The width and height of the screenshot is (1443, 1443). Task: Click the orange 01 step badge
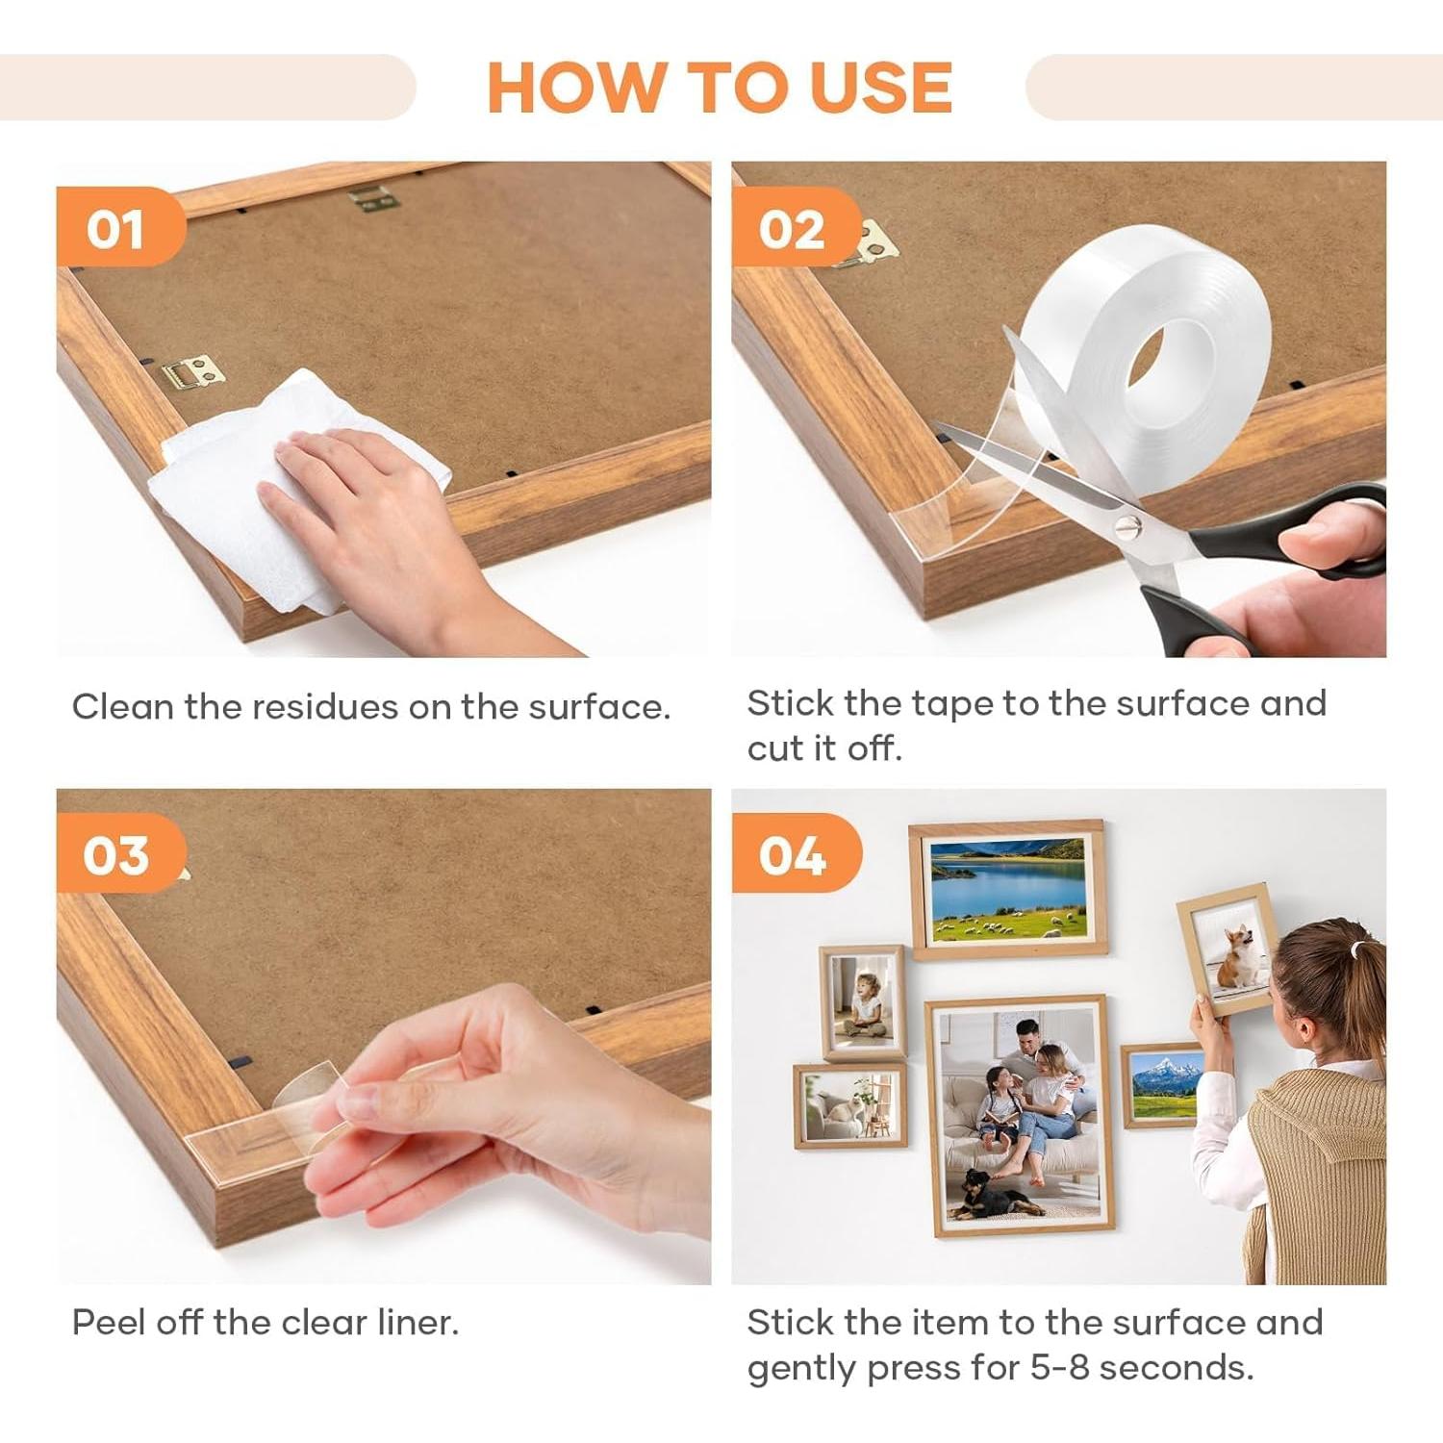(119, 227)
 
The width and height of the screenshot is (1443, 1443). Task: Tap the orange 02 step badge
(796, 227)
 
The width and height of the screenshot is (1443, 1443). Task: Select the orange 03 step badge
(119, 853)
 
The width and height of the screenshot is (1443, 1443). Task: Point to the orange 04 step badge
(796, 853)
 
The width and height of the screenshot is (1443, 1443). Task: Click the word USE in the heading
(880, 88)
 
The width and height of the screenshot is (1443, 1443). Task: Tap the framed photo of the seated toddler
(864, 1001)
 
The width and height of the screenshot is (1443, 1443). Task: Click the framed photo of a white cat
(850, 1106)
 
